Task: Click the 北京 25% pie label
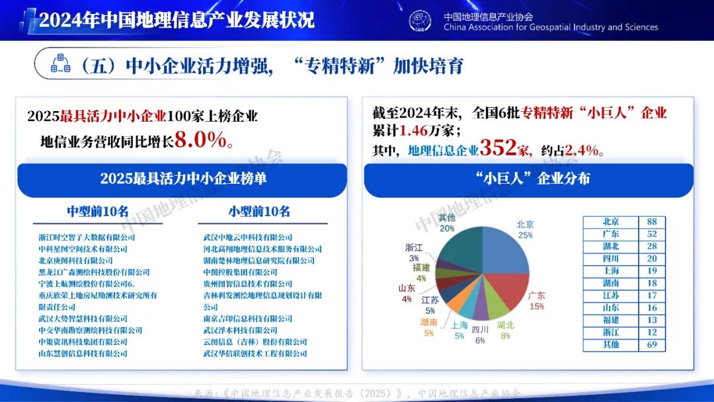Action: coord(526,229)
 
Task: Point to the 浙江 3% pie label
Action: coord(414,252)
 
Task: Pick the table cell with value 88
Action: coord(651,221)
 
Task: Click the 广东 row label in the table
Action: coord(611,234)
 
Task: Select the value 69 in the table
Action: coord(651,344)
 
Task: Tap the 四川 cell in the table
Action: coord(611,259)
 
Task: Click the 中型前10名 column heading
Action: coord(98,212)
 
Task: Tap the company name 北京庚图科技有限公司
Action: coord(75,261)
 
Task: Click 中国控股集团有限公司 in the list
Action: coord(241,272)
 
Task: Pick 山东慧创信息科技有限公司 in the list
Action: coord(83,354)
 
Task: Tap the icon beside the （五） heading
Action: coord(61,64)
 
